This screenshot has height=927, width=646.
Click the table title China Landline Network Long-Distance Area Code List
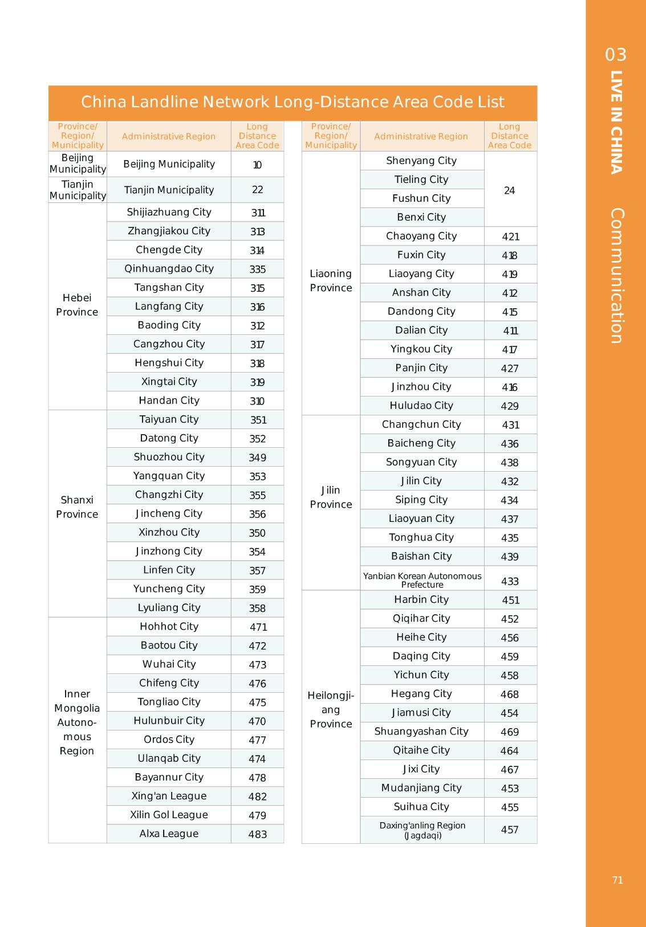pyautogui.click(x=292, y=103)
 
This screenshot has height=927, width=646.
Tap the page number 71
pyautogui.click(x=617, y=880)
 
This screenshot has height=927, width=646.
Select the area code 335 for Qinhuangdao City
pyautogui.click(x=257, y=269)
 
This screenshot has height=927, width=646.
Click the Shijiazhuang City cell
pyautogui.click(x=169, y=213)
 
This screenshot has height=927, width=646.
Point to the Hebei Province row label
pyautogui.click(x=77, y=305)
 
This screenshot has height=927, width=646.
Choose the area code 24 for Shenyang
pyautogui.click(x=509, y=191)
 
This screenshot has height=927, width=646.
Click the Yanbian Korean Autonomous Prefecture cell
pyautogui.click(x=422, y=580)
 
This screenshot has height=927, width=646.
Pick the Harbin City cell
pyautogui.click(x=421, y=599)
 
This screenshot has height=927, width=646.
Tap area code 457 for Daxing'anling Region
pyautogui.click(x=509, y=830)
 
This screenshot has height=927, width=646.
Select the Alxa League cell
pyautogui.click(x=169, y=834)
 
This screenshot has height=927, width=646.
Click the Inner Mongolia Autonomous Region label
pyautogui.click(x=77, y=722)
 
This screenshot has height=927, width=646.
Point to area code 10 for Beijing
pyautogui.click(x=257, y=165)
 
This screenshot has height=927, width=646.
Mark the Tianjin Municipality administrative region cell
pyautogui.click(x=169, y=190)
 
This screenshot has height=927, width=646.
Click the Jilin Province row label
pyautogui.click(x=331, y=497)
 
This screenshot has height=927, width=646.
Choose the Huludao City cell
pyautogui.click(x=421, y=406)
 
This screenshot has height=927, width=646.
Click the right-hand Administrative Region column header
pyautogui.click(x=421, y=137)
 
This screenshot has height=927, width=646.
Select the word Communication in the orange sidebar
pyautogui.click(x=616, y=276)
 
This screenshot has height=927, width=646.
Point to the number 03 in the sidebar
pyautogui.click(x=616, y=55)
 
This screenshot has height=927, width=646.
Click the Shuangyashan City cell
pyautogui.click(x=421, y=732)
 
